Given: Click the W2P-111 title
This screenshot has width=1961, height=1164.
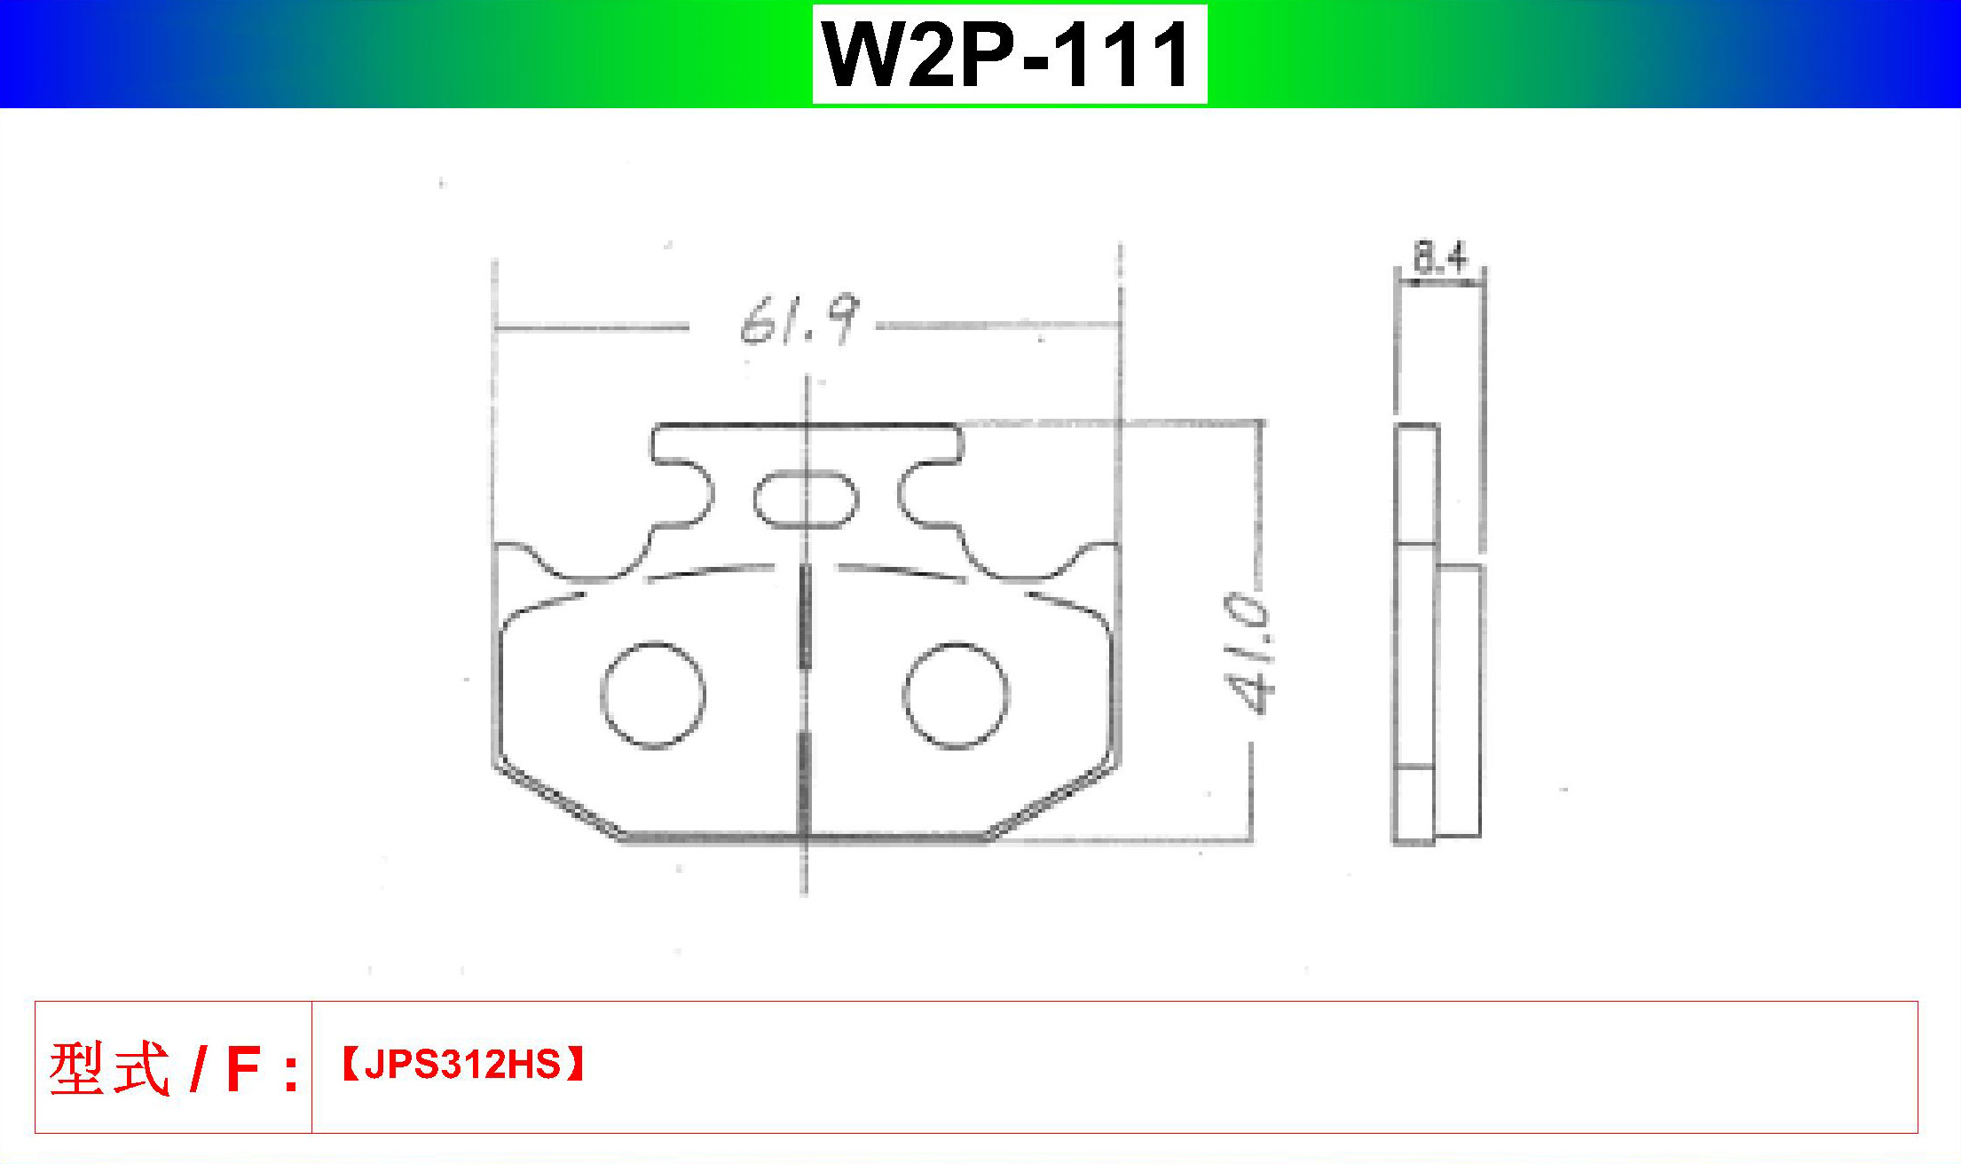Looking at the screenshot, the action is tap(1010, 54).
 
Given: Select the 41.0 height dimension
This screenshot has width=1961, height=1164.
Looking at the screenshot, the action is tap(1248, 653).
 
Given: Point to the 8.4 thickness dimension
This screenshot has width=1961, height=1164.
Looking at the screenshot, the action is tap(1440, 257).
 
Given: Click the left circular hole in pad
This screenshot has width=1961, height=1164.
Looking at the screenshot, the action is tap(603, 695).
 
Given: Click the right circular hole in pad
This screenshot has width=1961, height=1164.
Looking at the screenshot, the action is tap(905, 695).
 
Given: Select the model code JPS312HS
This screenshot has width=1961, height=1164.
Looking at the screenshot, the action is tap(462, 1064).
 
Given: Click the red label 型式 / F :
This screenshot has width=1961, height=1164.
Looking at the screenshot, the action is tap(174, 1068).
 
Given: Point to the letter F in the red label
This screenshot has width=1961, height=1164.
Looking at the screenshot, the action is tap(243, 1069).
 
